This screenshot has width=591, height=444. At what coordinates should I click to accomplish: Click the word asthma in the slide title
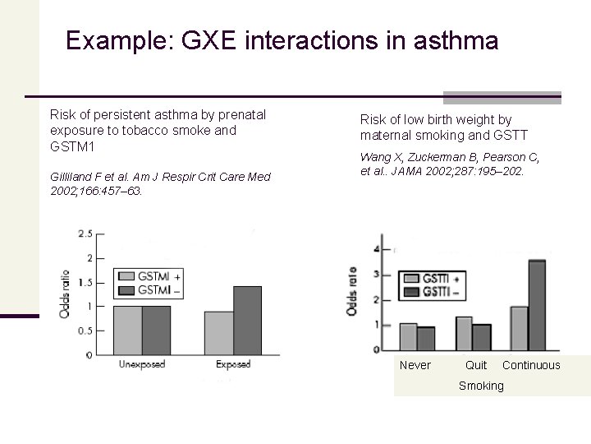[456, 40]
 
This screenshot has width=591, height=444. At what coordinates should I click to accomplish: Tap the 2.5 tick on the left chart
[85, 234]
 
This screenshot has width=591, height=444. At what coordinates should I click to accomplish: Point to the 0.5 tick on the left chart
[85, 331]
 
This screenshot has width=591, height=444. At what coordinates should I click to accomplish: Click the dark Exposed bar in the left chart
[247, 320]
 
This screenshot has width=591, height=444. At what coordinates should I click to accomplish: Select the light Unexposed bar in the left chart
[127, 330]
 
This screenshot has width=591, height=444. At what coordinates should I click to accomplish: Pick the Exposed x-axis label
[232, 363]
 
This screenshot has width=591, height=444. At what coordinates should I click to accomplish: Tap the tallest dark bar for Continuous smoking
[536, 305]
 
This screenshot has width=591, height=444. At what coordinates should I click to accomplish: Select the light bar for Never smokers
[407, 336]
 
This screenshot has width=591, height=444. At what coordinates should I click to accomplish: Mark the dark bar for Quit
[482, 336]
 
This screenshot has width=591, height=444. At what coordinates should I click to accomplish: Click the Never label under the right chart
[415, 365]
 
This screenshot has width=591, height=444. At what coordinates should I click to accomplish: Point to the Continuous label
[531, 365]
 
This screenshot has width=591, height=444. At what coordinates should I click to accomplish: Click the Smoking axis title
[481, 386]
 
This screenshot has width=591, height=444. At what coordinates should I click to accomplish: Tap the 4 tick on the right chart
[376, 249]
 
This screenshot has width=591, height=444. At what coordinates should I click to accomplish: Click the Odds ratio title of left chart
[63, 294]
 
